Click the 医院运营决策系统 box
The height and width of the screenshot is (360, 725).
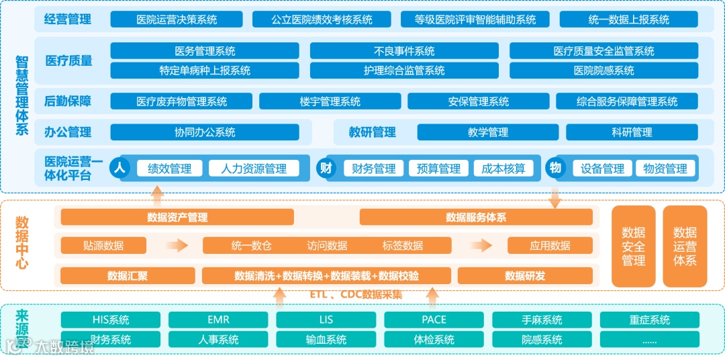tap(177, 19)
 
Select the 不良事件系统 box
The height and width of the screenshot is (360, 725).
tap(404, 51)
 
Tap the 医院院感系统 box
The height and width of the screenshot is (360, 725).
tap(603, 71)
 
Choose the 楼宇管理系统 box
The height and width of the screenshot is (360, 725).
tap(330, 101)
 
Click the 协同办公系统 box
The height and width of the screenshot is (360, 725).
tap(205, 132)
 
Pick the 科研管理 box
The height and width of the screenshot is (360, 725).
tap(631, 132)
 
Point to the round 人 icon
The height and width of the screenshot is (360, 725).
tap(120, 168)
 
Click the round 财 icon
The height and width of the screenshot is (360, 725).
tap(326, 168)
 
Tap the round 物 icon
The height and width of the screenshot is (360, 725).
tap(554, 168)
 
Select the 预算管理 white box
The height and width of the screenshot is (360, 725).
tap(438, 169)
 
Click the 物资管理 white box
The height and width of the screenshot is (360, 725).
tap(665, 169)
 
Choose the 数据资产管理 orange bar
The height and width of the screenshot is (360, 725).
tap(177, 217)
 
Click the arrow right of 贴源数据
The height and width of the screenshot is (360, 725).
tap(177, 246)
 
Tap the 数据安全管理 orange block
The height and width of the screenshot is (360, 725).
tap(633, 246)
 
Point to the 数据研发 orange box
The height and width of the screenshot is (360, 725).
tap(525, 275)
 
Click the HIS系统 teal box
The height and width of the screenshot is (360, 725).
tap(111, 320)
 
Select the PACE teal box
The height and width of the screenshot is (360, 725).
tap(434, 320)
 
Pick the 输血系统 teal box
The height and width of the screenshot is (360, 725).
tap(326, 339)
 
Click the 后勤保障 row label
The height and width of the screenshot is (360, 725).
tap(68, 101)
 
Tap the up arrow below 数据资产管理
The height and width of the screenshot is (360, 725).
tap(156, 196)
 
